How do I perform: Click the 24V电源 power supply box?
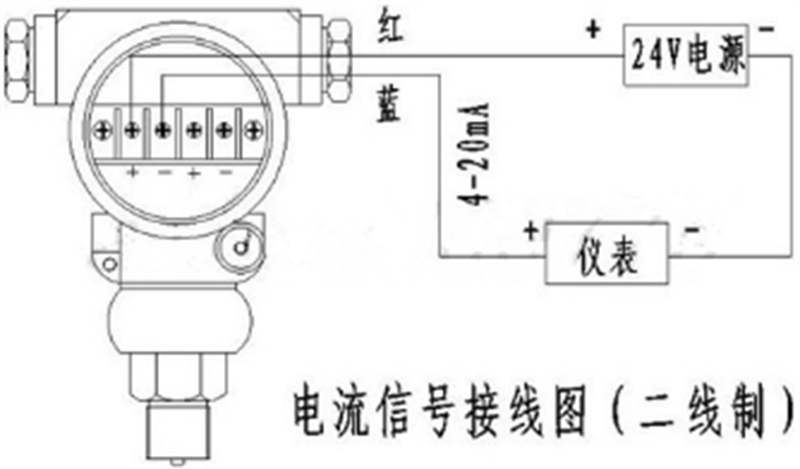pyautogui.click(x=686, y=55)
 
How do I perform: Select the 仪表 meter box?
pyautogui.click(x=607, y=253)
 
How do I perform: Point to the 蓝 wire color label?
pyautogui.click(x=389, y=106)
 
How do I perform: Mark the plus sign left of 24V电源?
pyautogui.click(x=593, y=30)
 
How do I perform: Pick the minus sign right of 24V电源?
pyautogui.click(x=766, y=29)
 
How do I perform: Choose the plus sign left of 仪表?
pyautogui.click(x=531, y=231)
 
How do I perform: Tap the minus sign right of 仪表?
pyautogui.click(x=691, y=230)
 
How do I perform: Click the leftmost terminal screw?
pyautogui.click(x=102, y=131)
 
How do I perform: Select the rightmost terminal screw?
pyautogui.click(x=254, y=131)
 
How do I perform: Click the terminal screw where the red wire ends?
pyautogui.click(x=132, y=131)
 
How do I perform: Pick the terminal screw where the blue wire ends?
pyautogui.click(x=163, y=131)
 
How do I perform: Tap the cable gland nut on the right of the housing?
pyautogui.click(x=338, y=60)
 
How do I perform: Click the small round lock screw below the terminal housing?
pyautogui.click(x=240, y=248)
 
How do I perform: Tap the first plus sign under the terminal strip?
pyautogui.click(x=133, y=172)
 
